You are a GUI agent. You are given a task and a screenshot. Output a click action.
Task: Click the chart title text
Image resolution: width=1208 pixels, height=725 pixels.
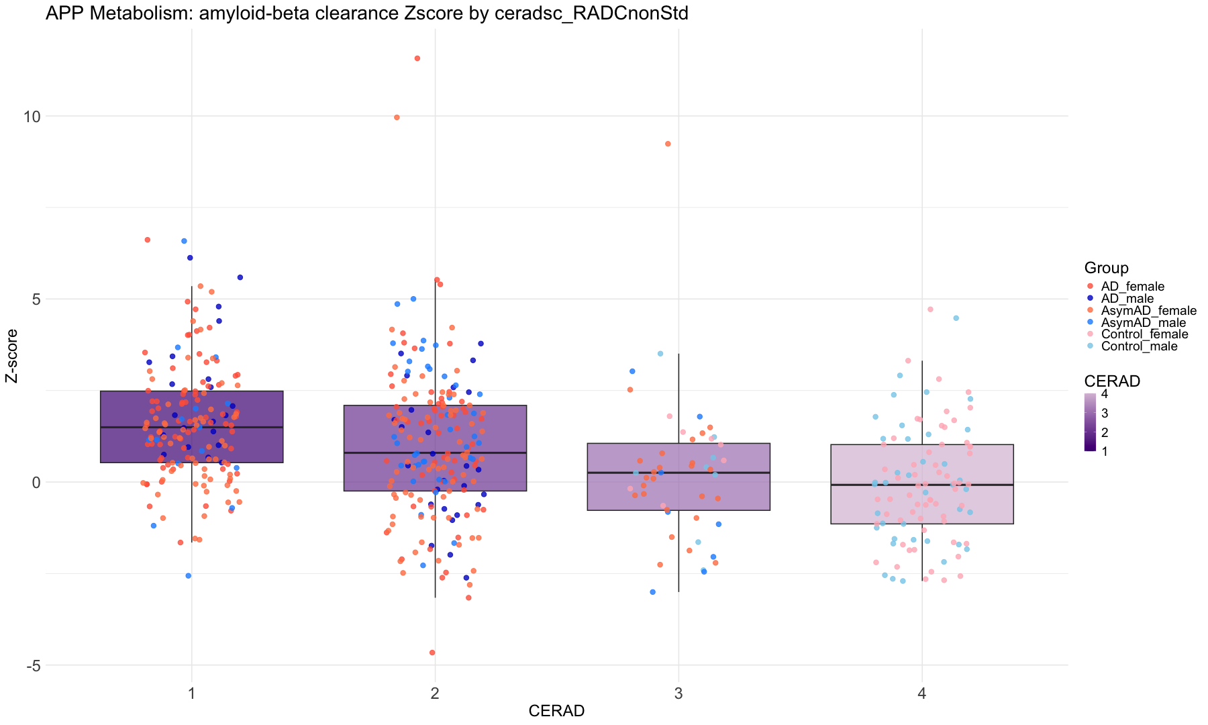point(366,13)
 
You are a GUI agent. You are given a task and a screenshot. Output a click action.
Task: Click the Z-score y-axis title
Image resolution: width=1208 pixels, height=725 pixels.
point(11,356)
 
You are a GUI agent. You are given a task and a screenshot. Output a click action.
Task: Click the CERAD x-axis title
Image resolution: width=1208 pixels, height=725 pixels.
point(556,711)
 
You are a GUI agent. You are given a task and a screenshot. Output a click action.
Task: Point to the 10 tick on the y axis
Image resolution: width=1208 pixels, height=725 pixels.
point(32,116)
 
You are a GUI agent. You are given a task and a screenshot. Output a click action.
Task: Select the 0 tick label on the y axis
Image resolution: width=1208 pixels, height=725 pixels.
point(36,482)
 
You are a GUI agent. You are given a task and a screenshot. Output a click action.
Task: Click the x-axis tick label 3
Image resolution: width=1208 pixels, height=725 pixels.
point(678,692)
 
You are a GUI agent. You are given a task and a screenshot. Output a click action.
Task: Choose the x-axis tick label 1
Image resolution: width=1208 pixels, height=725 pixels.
point(192,692)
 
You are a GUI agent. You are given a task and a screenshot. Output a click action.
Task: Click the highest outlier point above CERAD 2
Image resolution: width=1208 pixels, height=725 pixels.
point(417,58)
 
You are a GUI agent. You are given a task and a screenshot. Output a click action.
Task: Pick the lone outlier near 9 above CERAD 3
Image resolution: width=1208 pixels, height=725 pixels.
point(668,144)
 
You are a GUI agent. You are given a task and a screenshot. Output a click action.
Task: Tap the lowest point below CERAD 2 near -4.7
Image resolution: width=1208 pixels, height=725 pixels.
point(432,652)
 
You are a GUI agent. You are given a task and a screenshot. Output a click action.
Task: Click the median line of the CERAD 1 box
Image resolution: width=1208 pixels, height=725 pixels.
point(192,427)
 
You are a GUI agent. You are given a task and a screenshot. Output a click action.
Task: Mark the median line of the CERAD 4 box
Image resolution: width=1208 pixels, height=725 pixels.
point(921,485)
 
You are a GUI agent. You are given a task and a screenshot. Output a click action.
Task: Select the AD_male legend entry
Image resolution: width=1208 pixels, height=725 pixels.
point(1127,299)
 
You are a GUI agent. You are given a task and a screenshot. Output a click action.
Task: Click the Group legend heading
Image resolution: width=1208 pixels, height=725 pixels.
point(1106,268)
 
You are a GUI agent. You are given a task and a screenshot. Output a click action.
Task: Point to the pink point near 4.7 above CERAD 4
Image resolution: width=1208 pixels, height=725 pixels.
point(930,309)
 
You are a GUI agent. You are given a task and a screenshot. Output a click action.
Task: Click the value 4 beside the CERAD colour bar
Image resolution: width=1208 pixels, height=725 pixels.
point(1105,395)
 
